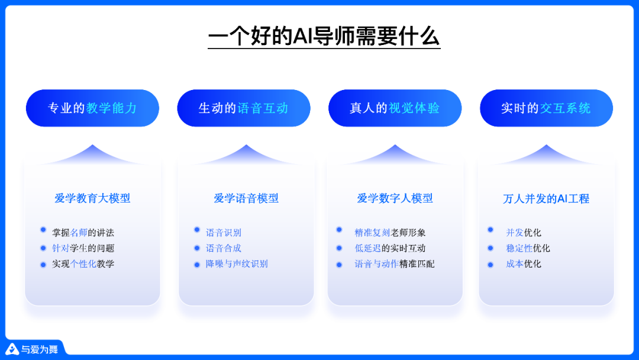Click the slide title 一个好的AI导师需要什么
pos(324,36)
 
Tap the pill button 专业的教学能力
pos(92,108)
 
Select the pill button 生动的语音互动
pos(244,108)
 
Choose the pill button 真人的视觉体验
pos(395,108)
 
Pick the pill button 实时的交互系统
pos(546,108)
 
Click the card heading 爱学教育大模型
pos(92,198)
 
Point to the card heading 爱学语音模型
pos(246,198)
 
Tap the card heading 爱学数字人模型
pos(395,198)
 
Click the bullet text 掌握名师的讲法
pos(83,233)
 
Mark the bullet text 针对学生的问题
pos(83,248)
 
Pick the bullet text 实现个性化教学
pos(83,264)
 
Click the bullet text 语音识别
pos(224,233)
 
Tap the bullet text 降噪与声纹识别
pos(237,264)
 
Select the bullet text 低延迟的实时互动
pos(390,248)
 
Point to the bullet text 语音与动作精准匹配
pos(395,264)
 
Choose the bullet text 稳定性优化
pos(528,248)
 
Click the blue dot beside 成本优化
pos(490,264)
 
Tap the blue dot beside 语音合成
pos(197,248)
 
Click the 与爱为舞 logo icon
pos(12,349)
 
